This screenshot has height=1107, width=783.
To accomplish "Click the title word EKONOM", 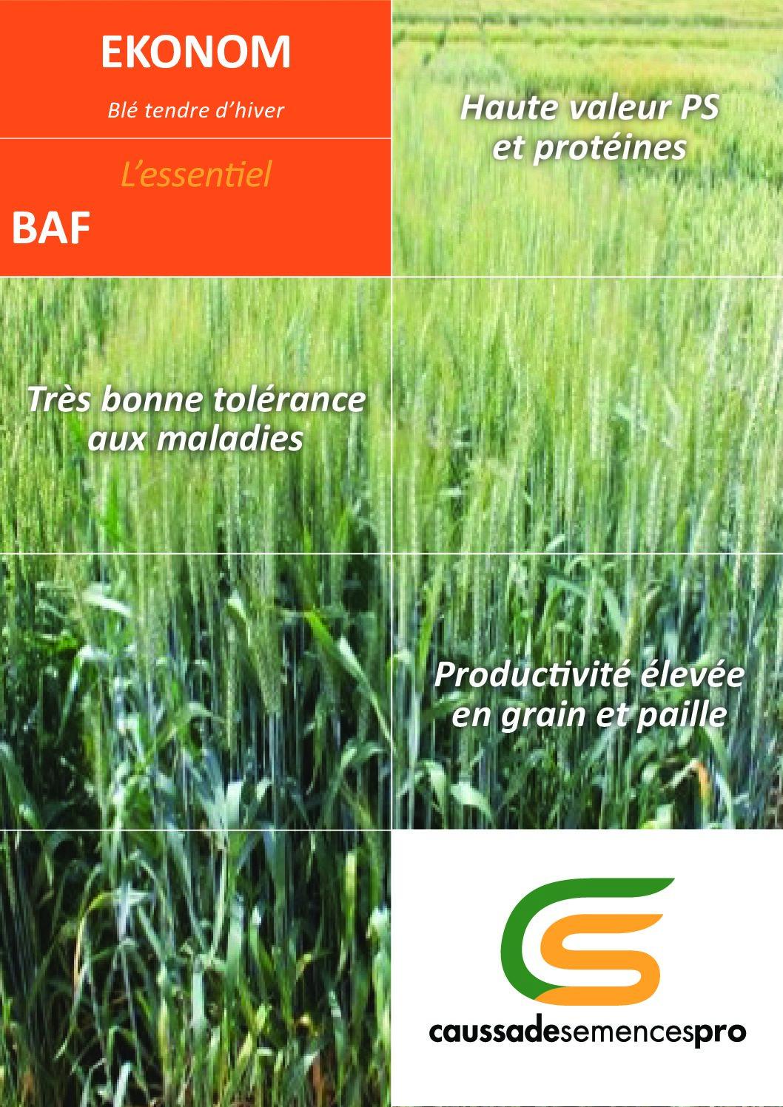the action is coord(195,52).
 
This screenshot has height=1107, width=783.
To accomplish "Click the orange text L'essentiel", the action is coord(196,175).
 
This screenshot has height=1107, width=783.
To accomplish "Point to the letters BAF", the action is coord(51,228).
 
